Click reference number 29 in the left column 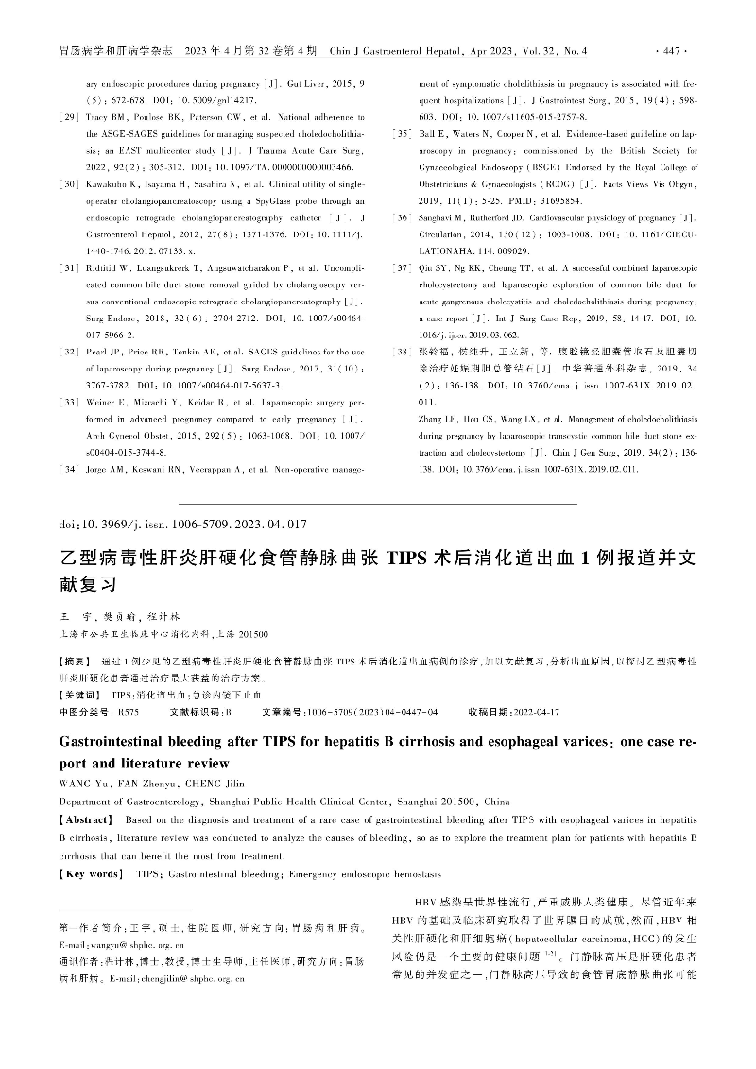pos(69,116)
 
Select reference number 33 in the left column pos(69,349)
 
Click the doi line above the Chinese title pos(182,523)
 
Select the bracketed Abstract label pos(87,820)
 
